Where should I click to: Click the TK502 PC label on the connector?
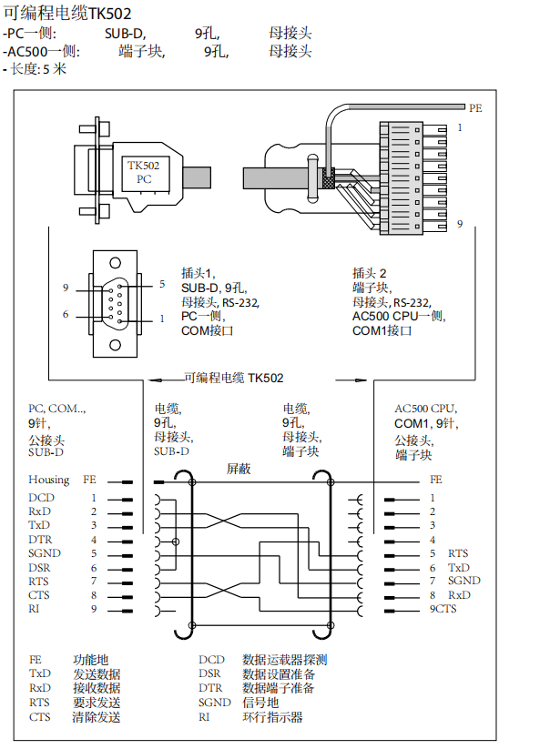143,172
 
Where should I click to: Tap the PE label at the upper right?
474,106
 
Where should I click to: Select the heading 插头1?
198,273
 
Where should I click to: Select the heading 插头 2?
370,273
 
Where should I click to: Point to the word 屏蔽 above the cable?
239,468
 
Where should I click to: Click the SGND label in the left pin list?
43,553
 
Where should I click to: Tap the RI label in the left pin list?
34,609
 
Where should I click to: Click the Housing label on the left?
48,480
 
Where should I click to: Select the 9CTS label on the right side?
443,609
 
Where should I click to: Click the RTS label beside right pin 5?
459,553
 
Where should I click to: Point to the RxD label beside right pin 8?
459,595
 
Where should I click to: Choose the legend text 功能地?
90,660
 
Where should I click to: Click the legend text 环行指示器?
272,717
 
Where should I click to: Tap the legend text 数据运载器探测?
284,660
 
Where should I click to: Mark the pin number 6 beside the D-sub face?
66,314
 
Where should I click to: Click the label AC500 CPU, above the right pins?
425,409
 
